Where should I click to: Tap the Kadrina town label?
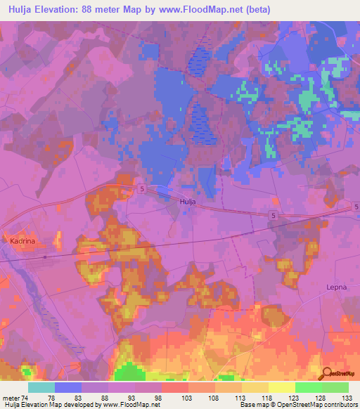pyautogui.click(x=24, y=240)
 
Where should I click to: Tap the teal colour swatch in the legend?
pyautogui.click(x=41, y=387)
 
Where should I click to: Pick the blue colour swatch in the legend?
pyautogui.click(x=67, y=387)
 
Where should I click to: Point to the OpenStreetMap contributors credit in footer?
pyautogui.click(x=313, y=405)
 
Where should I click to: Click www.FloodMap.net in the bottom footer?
pyautogui.click(x=131, y=405)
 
